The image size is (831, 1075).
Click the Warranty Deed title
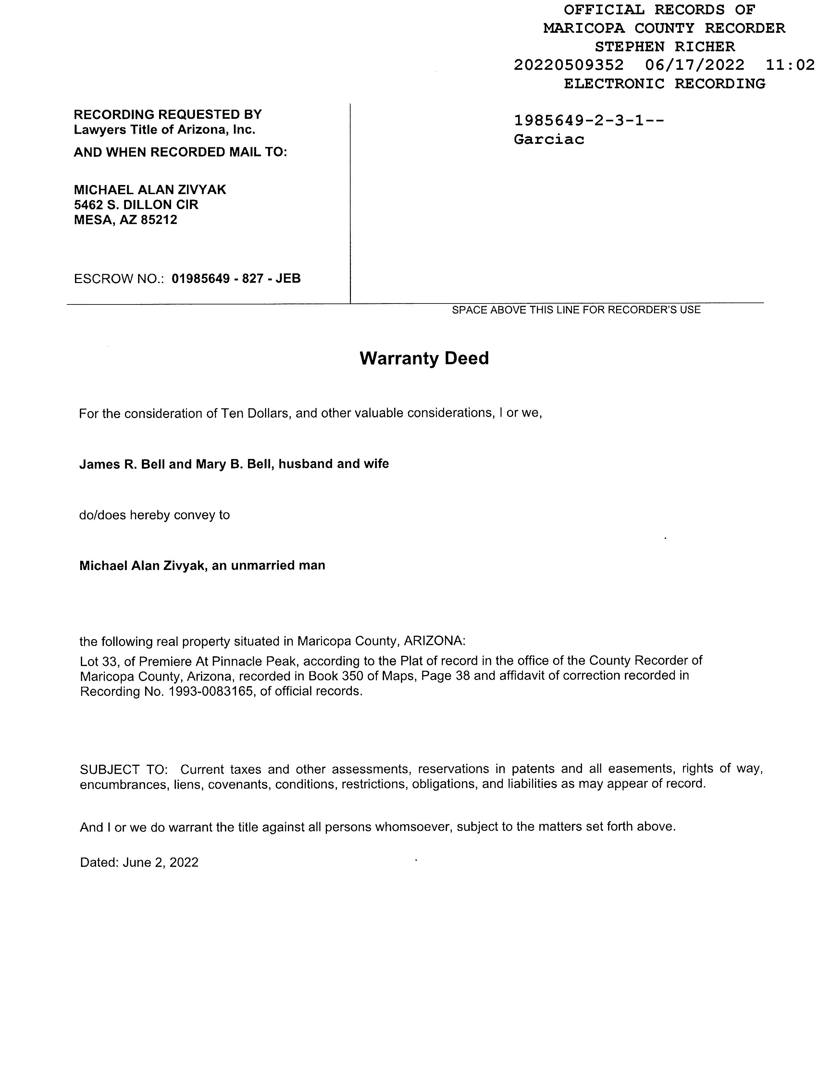click(x=424, y=358)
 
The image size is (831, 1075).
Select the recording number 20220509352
click(x=569, y=65)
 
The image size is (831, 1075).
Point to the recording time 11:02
click(x=790, y=65)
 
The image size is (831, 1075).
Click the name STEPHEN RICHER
click(x=664, y=47)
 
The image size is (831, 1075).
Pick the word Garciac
click(x=549, y=139)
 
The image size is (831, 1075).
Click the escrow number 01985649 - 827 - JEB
click(x=236, y=278)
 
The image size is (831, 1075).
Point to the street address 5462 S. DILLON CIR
click(x=136, y=205)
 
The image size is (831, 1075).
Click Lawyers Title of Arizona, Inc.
click(x=165, y=130)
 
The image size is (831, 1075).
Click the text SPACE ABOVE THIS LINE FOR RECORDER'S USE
click(x=576, y=310)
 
